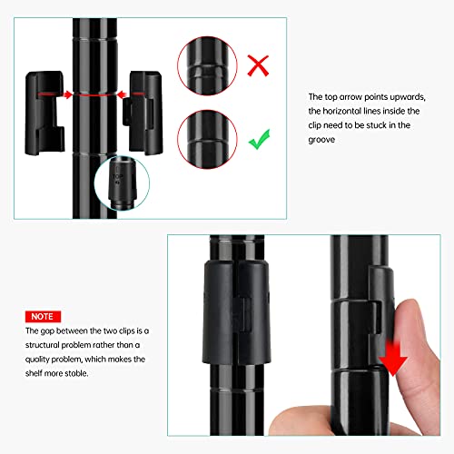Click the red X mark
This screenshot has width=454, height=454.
[258, 65]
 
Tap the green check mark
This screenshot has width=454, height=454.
[259, 141]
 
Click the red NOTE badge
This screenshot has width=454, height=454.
[43, 317]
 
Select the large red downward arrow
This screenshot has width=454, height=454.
[393, 358]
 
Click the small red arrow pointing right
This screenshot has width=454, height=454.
[67, 94]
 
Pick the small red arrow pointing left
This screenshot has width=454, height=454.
[122, 94]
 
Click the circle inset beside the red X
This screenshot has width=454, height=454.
[207, 65]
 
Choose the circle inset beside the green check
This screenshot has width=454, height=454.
[207, 139]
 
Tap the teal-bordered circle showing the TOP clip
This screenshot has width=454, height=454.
[122, 183]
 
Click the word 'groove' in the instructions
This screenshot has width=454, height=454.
[321, 140]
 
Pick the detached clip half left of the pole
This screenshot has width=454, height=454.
[44, 113]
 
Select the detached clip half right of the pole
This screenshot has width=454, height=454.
[143, 112]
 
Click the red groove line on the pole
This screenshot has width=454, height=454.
[94, 95]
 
